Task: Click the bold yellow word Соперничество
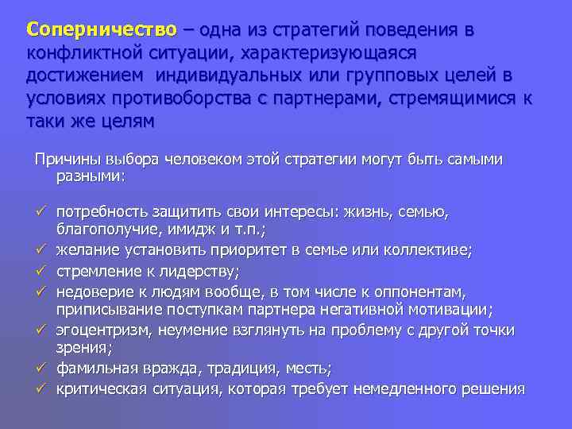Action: tap(101, 30)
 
